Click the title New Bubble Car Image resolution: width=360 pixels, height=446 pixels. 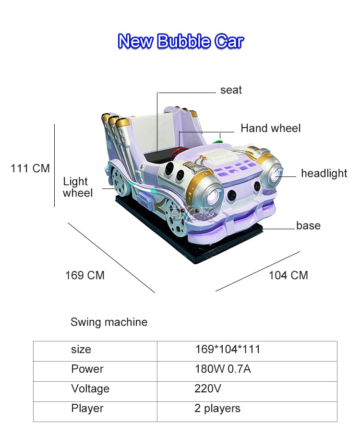[x=180, y=41]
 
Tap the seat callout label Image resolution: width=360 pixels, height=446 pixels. [x=231, y=90]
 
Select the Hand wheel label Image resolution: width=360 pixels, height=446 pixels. [x=270, y=128]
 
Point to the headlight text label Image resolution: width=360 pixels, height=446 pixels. [x=324, y=173]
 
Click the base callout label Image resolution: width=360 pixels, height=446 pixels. [x=308, y=225]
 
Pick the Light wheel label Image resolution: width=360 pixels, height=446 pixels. [x=78, y=187]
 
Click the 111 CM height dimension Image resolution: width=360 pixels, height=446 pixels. [x=30, y=168]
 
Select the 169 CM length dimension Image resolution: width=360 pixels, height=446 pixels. [x=85, y=275]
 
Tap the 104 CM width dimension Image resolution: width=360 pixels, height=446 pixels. [x=288, y=275]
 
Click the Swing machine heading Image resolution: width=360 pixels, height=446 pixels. [x=109, y=322]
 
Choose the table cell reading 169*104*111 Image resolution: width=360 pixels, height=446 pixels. [x=228, y=349]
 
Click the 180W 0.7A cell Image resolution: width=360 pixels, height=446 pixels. [x=223, y=369]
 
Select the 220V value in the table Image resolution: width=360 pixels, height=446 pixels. [x=208, y=388]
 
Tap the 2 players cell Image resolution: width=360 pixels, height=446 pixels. [x=217, y=409]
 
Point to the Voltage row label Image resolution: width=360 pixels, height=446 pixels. [x=90, y=388]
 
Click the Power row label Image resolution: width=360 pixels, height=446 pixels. [x=87, y=369]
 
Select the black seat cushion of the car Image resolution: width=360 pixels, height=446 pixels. [x=158, y=157]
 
